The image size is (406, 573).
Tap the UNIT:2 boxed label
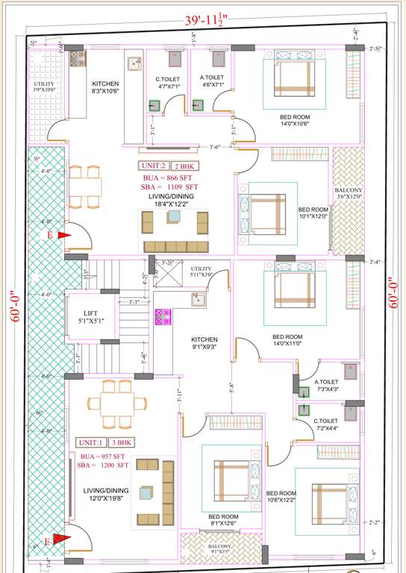(x=153, y=166)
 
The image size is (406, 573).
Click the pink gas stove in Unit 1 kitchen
(x=162, y=316)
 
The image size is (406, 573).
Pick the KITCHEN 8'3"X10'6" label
(x=106, y=87)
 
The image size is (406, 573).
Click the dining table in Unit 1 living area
(x=114, y=404)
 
